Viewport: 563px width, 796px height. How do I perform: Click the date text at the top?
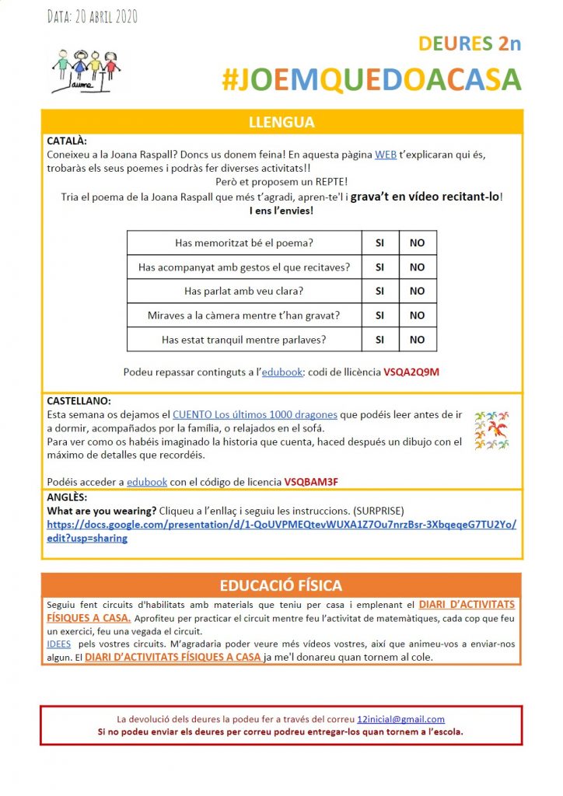click(x=92, y=16)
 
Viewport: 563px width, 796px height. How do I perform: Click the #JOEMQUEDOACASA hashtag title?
click(x=371, y=79)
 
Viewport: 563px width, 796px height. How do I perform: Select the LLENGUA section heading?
click(x=281, y=122)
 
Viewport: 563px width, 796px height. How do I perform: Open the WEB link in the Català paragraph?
click(x=386, y=155)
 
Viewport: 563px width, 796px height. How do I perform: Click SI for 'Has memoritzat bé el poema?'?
click(x=380, y=243)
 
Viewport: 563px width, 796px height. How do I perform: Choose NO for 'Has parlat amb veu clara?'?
click(x=418, y=291)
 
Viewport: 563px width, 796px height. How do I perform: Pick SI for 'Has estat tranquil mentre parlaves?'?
click(x=380, y=339)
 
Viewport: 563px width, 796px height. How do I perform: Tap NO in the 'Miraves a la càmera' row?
click(x=418, y=315)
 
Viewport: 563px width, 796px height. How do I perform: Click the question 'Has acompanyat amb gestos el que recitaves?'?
click(x=244, y=267)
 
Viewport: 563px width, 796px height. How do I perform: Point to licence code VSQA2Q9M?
click(x=411, y=372)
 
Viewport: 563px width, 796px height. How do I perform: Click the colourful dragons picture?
click(x=491, y=429)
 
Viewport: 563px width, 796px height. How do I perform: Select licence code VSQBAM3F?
click(x=311, y=482)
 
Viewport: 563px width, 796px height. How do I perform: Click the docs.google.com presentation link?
click(x=281, y=531)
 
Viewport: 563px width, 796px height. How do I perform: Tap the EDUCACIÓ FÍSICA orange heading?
click(x=281, y=585)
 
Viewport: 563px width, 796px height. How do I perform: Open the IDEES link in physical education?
click(x=59, y=644)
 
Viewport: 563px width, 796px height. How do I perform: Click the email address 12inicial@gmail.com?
click(x=400, y=719)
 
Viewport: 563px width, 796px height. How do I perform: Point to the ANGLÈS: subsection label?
click(x=68, y=497)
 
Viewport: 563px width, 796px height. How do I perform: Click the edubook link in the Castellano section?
click(x=147, y=482)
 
